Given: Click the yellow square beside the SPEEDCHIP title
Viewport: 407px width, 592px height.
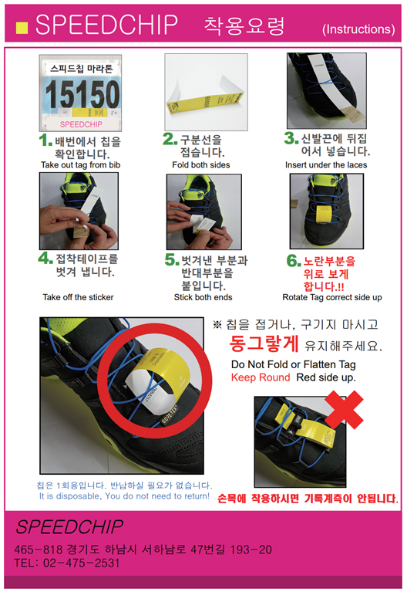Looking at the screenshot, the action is (x=22, y=28).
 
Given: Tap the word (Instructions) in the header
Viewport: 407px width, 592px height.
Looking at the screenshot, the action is (x=358, y=29).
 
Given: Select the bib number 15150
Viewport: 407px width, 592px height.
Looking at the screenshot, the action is (x=82, y=94).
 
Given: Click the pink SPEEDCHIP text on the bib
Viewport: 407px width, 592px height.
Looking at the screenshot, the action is (x=81, y=124).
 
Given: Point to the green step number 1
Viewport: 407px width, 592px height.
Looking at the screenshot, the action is (x=45, y=140).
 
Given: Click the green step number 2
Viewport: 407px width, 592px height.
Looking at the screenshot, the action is (x=170, y=139).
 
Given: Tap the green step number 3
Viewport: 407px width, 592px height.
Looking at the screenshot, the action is (x=291, y=138).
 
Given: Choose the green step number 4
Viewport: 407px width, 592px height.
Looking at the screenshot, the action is (x=45, y=259).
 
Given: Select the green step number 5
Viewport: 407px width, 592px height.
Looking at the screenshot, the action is (x=172, y=259).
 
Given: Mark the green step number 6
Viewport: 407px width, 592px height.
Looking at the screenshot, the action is (x=294, y=261).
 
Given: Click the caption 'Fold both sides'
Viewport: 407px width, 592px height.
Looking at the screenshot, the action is (x=201, y=165).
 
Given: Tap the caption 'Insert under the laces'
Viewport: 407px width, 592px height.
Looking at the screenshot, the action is (x=326, y=165).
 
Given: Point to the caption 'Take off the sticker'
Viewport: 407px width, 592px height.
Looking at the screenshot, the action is (x=78, y=297).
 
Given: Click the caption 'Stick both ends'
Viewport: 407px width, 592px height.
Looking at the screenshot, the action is (x=203, y=297).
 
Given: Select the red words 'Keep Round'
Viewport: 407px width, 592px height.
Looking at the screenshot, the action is (x=261, y=377).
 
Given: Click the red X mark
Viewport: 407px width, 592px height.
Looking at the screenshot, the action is (x=344, y=410).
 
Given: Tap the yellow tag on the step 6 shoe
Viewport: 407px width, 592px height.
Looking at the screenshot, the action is (x=324, y=213).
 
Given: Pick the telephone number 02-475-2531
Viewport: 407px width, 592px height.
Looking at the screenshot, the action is (x=82, y=563).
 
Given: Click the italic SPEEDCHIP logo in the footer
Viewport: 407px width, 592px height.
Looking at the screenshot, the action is (x=69, y=526).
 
